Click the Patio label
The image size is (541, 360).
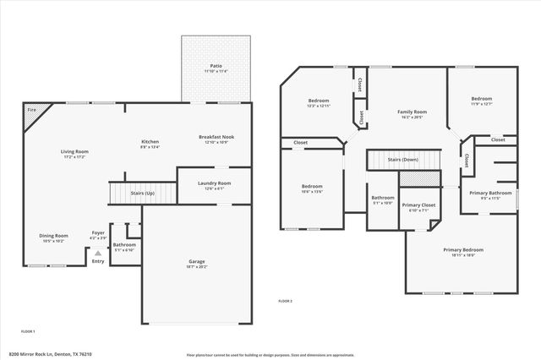click(216, 68)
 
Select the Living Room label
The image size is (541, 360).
click(74, 154)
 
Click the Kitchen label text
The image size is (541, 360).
click(150, 143)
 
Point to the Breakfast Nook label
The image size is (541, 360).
click(216, 139)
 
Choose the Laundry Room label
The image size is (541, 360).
click(213, 185)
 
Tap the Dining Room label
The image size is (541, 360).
click(53, 237)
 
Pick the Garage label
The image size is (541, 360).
click(196, 264)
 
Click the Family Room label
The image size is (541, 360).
click(412, 114)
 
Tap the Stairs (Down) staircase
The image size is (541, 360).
click(404, 159)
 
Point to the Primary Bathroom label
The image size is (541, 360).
click(491, 195)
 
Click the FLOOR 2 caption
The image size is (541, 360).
click(286, 301)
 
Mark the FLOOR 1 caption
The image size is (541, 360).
click(28, 331)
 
